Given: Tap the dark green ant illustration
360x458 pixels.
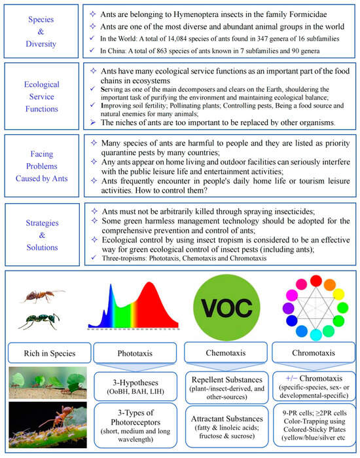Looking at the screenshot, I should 41,322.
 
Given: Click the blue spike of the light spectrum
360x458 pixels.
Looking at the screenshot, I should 104,315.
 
